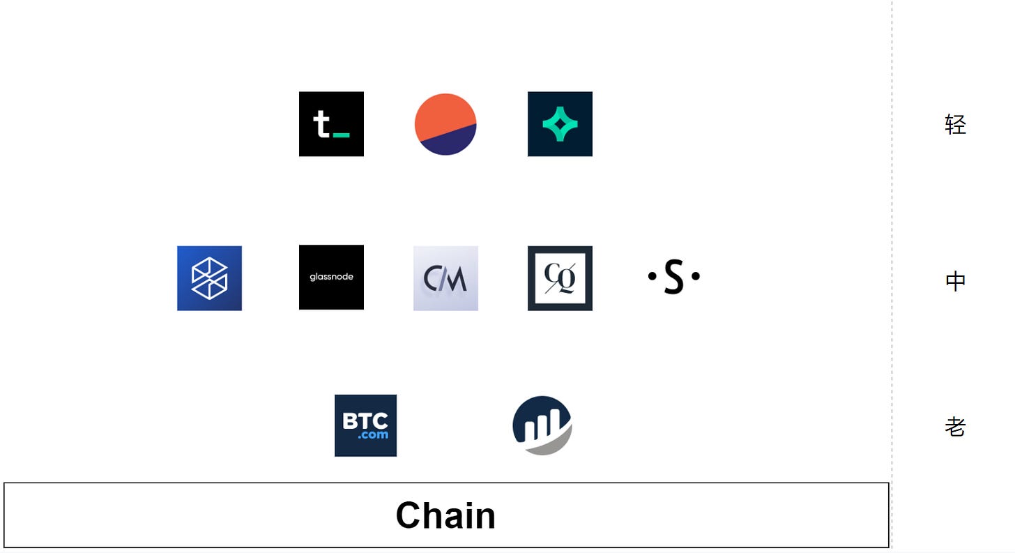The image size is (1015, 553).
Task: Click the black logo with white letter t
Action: point(331,124)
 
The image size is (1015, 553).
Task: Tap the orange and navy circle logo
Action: point(445,124)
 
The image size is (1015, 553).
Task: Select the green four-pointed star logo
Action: point(560,124)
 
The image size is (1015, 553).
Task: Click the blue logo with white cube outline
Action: point(209,278)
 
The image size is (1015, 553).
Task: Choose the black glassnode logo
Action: point(331,277)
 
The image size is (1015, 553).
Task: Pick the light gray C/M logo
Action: point(445,278)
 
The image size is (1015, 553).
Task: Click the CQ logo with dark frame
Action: point(560,278)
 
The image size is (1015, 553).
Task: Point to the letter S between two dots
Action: point(673,277)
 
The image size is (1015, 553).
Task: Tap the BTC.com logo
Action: point(365,425)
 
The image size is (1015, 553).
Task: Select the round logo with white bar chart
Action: point(542,425)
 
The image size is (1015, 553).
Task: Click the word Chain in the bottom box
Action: point(445,515)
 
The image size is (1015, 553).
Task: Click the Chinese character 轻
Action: point(955,125)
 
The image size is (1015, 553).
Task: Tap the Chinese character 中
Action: point(955,281)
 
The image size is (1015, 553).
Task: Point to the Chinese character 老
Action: point(955,426)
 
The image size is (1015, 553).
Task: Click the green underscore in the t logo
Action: point(342,135)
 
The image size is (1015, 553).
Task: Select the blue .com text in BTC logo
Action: point(373,435)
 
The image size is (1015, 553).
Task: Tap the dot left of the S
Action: point(652,276)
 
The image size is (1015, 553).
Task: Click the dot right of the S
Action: point(695,276)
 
